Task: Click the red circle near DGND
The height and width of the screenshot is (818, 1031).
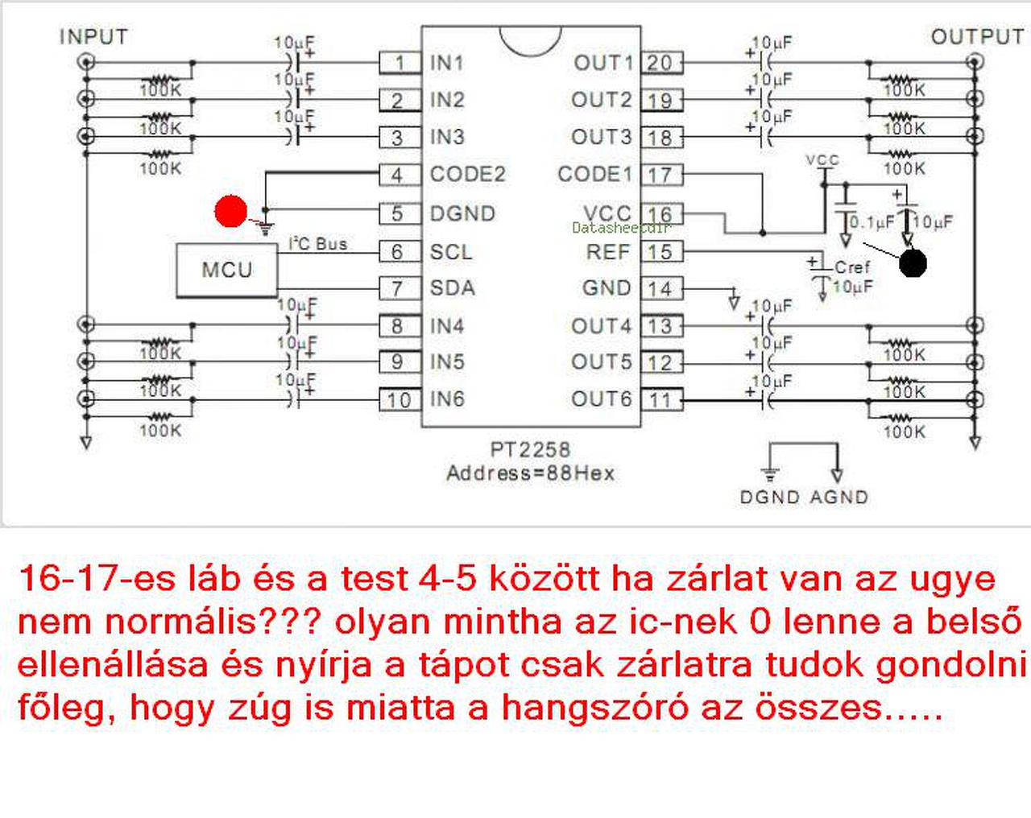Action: (231, 211)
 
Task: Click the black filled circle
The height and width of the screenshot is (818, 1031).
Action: (913, 262)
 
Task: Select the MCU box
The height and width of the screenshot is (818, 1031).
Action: (226, 270)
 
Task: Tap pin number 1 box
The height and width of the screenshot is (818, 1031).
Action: (400, 63)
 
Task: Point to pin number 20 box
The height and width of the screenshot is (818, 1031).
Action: (661, 63)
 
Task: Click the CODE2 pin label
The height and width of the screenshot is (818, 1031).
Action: (467, 174)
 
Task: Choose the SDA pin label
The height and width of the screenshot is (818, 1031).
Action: (452, 287)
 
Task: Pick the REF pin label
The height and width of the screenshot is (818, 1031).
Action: (607, 251)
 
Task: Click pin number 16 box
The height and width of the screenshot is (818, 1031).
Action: (661, 214)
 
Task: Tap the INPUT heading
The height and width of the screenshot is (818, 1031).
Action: (93, 37)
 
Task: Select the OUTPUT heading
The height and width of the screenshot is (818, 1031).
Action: (976, 37)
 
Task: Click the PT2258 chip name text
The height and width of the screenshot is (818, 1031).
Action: (530, 449)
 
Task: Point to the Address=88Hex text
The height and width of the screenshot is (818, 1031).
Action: (530, 473)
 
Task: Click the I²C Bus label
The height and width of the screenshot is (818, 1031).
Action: (317, 243)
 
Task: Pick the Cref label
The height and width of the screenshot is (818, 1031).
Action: (852, 266)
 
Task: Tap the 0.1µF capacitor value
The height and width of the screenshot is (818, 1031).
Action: (872, 221)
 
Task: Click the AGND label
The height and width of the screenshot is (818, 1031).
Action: (839, 497)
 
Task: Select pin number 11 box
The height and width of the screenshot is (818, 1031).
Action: (661, 399)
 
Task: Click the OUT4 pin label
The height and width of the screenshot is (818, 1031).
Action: (601, 326)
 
